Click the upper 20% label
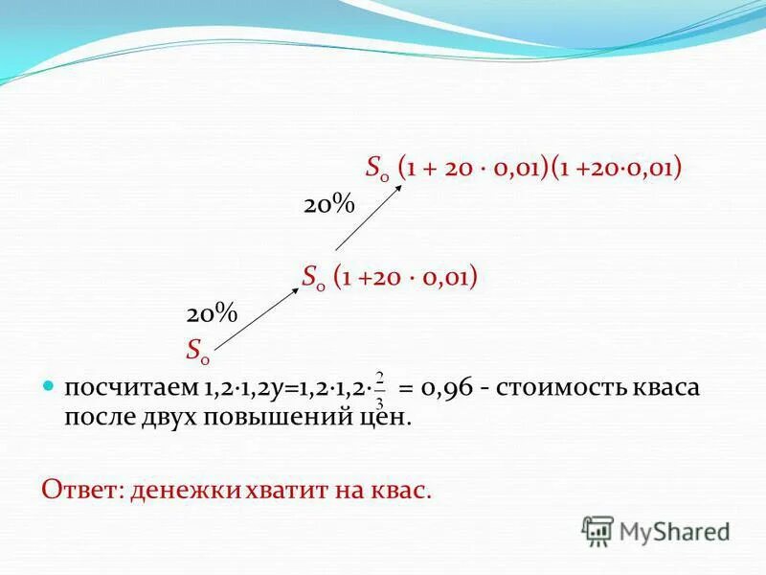(x=329, y=206)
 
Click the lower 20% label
(x=211, y=314)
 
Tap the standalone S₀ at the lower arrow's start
(x=199, y=350)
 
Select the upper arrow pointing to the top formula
(x=369, y=218)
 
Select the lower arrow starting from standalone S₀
(x=257, y=318)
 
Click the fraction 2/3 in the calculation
(x=380, y=389)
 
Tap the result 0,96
(x=442, y=389)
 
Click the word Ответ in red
(x=79, y=490)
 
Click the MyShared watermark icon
(x=597, y=531)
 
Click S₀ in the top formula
(x=377, y=170)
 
